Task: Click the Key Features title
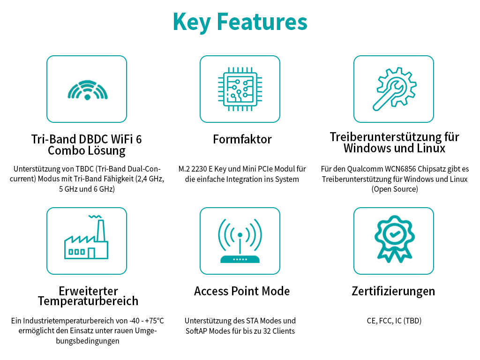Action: pyautogui.click(x=240, y=22)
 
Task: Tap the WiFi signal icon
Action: pyautogui.click(x=88, y=90)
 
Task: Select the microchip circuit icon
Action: pyautogui.click(x=240, y=89)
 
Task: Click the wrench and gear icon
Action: pyautogui.click(x=394, y=89)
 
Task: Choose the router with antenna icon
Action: pyautogui.click(x=240, y=240)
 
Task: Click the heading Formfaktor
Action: pyautogui.click(x=242, y=139)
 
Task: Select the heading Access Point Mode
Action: pyautogui.click(x=242, y=291)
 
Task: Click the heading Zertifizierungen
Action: pyautogui.click(x=393, y=291)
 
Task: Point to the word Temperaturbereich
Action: pyautogui.click(x=88, y=301)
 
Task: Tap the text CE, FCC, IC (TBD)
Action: pyautogui.click(x=394, y=321)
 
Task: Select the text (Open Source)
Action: pyautogui.click(x=395, y=189)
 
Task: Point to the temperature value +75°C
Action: pyautogui.click(x=154, y=321)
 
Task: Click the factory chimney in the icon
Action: pyautogui.click(x=101, y=231)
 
